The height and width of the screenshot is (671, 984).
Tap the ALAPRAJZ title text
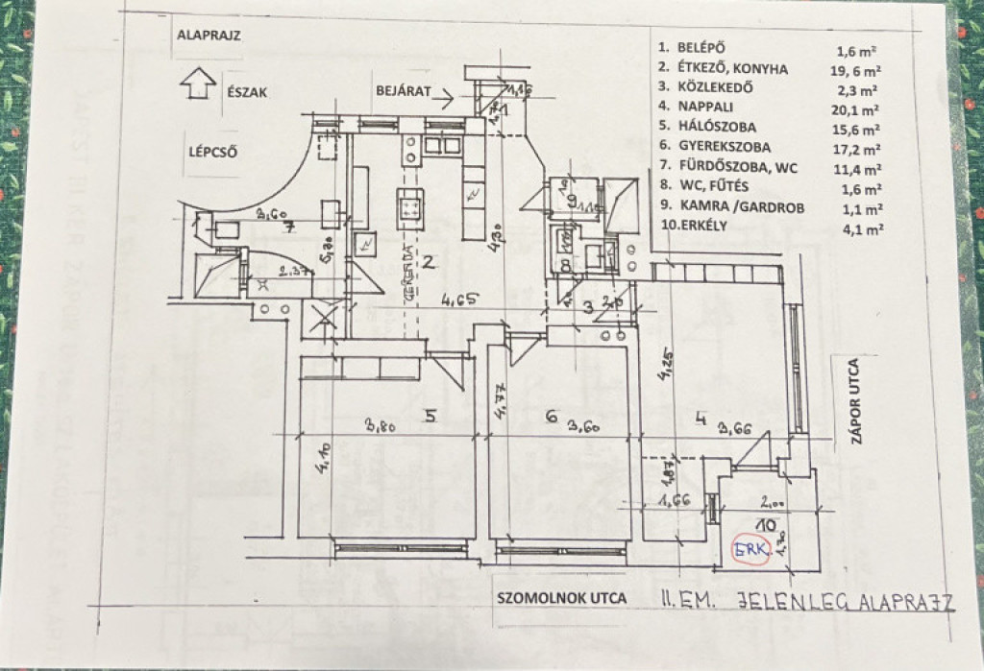pyautogui.click(x=209, y=37)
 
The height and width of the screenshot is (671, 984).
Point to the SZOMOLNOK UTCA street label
pyautogui.click(x=561, y=597)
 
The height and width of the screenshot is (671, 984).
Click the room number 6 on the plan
pyautogui.click(x=552, y=416)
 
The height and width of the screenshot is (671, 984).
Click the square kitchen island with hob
pyautogui.click(x=410, y=205)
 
